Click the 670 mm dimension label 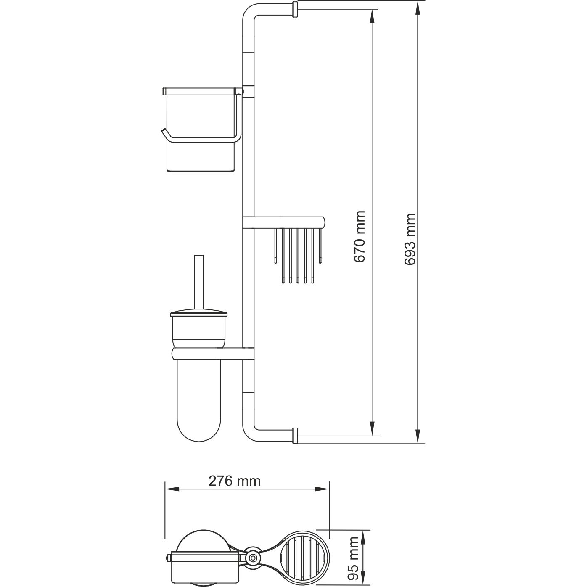point(359,237)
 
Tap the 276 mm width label point(235,481)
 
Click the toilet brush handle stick point(198,282)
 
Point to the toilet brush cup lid point(198,314)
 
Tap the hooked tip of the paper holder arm point(163,133)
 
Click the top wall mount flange point(295,9)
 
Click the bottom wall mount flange point(295,436)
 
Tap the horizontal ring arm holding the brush point(212,353)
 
